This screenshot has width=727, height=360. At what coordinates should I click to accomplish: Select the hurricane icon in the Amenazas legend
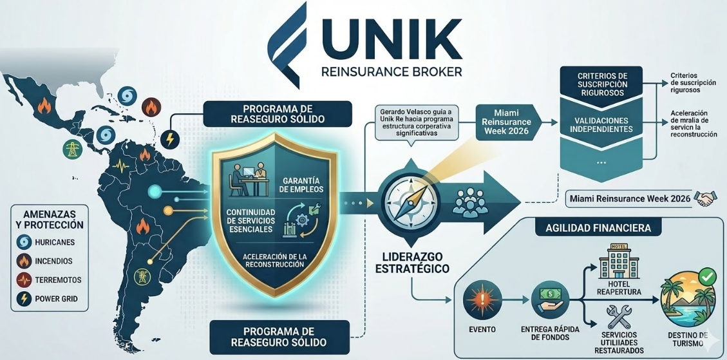pyautogui.click(x=24, y=243)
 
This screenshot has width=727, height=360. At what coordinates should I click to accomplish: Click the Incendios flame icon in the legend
pyautogui.click(x=24, y=261)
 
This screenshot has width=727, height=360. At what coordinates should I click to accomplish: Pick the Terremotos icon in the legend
pyautogui.click(x=24, y=280)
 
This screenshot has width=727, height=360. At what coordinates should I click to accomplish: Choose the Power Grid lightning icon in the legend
pyautogui.click(x=24, y=299)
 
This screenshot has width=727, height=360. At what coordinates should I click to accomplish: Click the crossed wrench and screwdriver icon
pyautogui.click(x=619, y=316)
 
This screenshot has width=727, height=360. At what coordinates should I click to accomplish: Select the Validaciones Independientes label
pyautogui.click(x=601, y=124)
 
